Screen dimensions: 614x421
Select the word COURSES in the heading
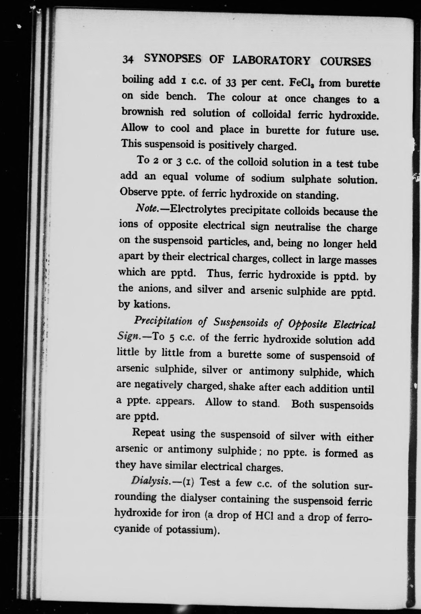click(x=345, y=61)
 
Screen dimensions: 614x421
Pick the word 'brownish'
click(x=143, y=112)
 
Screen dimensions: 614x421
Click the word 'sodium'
click(x=268, y=179)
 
